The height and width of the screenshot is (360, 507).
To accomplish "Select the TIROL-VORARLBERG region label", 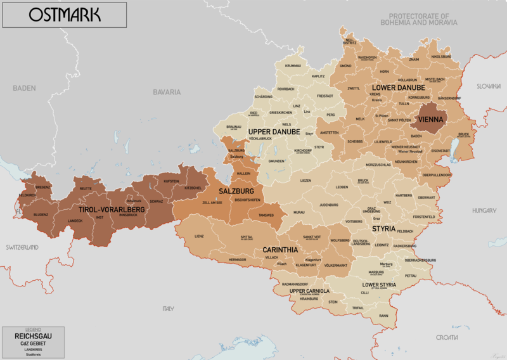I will (x=112, y=209).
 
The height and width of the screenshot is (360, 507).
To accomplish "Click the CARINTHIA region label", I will (x=280, y=250).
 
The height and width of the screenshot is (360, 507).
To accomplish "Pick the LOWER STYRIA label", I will (x=379, y=285).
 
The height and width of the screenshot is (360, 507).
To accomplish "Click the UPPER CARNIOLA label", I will (x=309, y=291).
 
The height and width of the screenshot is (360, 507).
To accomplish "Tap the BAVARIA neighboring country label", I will (x=167, y=92).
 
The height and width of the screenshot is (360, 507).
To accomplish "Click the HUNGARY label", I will (x=484, y=210).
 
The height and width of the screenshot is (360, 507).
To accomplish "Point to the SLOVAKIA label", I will (x=489, y=86).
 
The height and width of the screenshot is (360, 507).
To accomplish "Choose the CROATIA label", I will (x=447, y=338).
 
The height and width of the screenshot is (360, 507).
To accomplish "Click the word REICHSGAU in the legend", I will (x=32, y=336).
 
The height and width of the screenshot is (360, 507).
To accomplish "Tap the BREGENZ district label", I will (x=42, y=188).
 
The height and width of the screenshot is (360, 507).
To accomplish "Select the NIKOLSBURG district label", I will (x=440, y=57).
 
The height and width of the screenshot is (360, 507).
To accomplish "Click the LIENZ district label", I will (x=199, y=236).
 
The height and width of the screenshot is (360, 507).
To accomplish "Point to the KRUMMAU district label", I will (x=293, y=66).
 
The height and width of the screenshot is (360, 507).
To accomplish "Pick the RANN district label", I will (x=383, y=315).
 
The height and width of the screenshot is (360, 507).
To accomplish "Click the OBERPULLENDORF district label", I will (x=437, y=174).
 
